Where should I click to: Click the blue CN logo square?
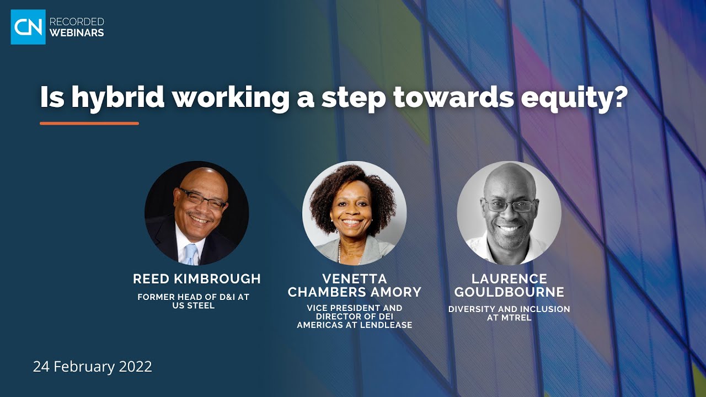(28, 26)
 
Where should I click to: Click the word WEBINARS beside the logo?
(77, 33)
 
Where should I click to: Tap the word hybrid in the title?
(118, 98)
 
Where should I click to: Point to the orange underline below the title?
(89, 123)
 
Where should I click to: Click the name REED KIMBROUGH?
(197, 279)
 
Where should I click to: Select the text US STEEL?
(193, 305)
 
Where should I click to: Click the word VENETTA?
(355, 278)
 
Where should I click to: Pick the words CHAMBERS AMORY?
(355, 292)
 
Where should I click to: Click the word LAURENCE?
(509, 278)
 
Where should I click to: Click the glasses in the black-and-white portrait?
(509, 206)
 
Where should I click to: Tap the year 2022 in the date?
(136, 367)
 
